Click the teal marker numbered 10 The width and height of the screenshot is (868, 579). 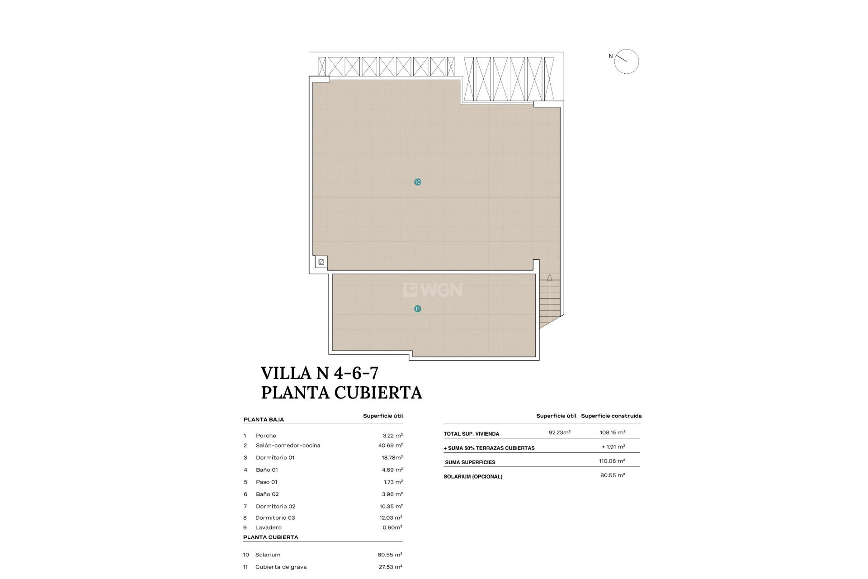pos(417,182)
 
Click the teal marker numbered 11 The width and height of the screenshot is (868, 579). pos(417,309)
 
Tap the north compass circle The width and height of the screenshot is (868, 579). pos(626,62)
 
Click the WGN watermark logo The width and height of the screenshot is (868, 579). pos(433,290)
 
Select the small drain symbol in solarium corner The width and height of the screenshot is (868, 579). pos(321,262)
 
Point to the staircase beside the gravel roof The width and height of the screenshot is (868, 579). pos(549,299)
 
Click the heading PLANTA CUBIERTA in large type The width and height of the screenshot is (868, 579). pos(341,393)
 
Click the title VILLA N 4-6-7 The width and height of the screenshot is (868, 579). pos(320,373)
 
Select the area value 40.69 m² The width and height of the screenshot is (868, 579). pos(390,446)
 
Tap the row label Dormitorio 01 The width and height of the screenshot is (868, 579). pos(275,458)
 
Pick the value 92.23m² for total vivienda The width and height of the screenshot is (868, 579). pos(559,432)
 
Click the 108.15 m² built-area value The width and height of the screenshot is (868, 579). pos(612,432)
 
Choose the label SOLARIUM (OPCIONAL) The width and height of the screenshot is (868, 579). pos(472,477)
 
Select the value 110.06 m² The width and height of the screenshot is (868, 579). pos(612,461)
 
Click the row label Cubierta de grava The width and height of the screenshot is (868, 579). pos(280,567)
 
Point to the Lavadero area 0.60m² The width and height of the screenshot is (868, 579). pos(392,527)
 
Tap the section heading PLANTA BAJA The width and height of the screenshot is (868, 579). pos(264,420)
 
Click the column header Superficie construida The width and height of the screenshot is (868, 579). pos(611,416)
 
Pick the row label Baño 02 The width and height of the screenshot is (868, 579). pos(267,494)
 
